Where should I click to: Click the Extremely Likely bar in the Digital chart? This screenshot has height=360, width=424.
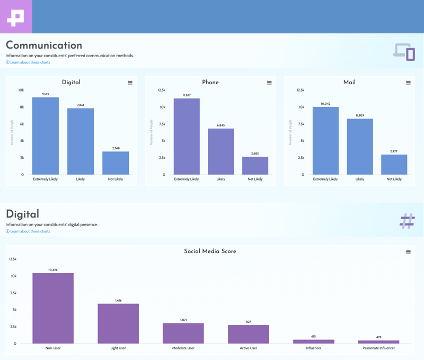tap(46, 136)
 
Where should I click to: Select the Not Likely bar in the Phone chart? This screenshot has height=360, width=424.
tap(255, 166)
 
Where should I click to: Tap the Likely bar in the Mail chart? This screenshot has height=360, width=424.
tap(360, 147)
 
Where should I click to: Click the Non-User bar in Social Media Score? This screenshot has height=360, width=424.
tap(53, 308)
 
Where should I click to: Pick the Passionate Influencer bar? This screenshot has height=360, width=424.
tap(378, 342)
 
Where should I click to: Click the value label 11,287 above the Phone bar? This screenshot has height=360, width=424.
tap(187, 95)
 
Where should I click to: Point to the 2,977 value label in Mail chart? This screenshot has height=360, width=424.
tap(394, 151)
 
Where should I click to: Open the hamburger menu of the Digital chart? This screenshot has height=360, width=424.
tap(130, 83)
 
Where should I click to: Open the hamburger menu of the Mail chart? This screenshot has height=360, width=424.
tap(408, 83)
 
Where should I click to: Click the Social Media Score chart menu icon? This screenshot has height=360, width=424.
tap(408, 251)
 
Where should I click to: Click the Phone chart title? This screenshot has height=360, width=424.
tap(210, 83)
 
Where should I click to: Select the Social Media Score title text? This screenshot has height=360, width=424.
tap(210, 251)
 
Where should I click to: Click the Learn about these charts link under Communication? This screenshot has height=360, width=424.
tap(30, 62)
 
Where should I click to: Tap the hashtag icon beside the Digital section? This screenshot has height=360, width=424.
tap(407, 221)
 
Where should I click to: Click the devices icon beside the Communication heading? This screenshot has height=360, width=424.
tap(404, 52)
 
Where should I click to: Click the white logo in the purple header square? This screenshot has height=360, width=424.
tap(15, 17)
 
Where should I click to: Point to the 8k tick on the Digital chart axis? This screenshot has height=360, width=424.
tap(22, 107)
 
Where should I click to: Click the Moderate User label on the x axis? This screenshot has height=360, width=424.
tap(183, 348)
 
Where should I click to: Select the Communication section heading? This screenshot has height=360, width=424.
tap(44, 46)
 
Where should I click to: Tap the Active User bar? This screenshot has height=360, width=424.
tap(248, 335)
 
